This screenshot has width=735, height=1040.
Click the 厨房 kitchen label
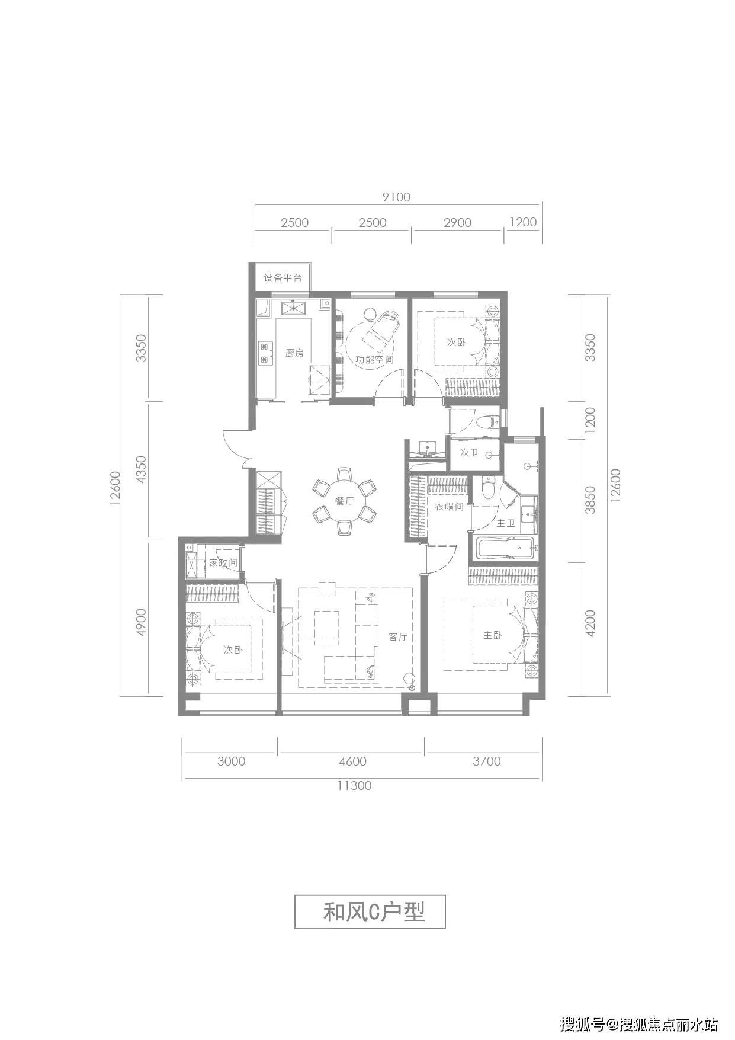[294, 353]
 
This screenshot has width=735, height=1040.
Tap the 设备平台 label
[283, 277]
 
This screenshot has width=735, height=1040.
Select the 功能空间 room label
[374, 359]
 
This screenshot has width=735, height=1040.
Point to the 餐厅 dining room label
[344, 501]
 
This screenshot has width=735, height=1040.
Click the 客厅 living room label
[398, 637]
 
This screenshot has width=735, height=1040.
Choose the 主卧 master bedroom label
[493, 635]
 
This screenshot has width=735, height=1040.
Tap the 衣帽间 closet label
[449, 507]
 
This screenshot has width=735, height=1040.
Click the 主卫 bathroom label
[506, 523]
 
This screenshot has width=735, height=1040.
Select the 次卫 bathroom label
[469, 453]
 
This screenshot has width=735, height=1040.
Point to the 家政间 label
[223, 562]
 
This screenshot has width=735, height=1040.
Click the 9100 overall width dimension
[396, 197]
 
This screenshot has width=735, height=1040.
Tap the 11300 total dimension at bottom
[354, 786]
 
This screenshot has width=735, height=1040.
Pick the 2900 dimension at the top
[457, 222]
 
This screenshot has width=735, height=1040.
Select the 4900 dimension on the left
[140, 623]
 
